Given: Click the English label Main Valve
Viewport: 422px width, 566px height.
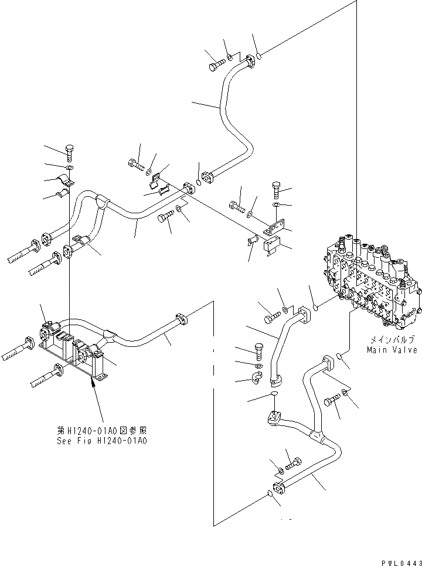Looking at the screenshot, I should pyautogui.click(x=392, y=350).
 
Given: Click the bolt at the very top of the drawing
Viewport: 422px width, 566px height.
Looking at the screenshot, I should pyautogui.click(x=215, y=63).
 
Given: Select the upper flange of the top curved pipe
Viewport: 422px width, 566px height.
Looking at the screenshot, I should pyautogui.click(x=251, y=60).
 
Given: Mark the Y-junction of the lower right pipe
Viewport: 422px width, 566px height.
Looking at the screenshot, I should pyautogui.click(x=317, y=435).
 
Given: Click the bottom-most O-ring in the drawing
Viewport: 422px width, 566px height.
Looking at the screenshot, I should pyautogui.click(x=270, y=493).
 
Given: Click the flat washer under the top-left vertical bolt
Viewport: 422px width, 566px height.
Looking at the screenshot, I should pyautogui.click(x=69, y=168).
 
